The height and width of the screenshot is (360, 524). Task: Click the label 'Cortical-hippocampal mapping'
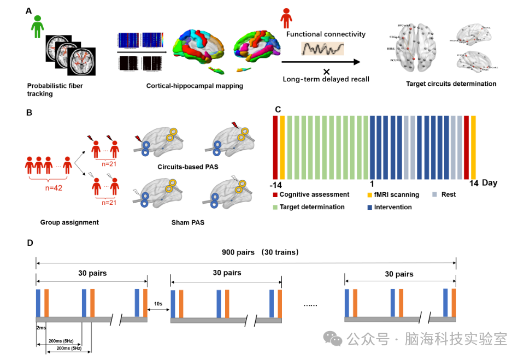(x=195, y=86)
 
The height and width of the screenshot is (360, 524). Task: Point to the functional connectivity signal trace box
(x=323, y=49)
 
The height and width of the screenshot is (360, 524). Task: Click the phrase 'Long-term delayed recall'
(x=326, y=79)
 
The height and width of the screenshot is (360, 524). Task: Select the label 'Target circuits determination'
(x=451, y=84)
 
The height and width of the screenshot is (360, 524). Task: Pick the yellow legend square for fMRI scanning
(x=370, y=194)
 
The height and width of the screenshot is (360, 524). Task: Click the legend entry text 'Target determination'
(x=311, y=207)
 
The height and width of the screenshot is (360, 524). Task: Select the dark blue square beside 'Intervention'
(x=370, y=207)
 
